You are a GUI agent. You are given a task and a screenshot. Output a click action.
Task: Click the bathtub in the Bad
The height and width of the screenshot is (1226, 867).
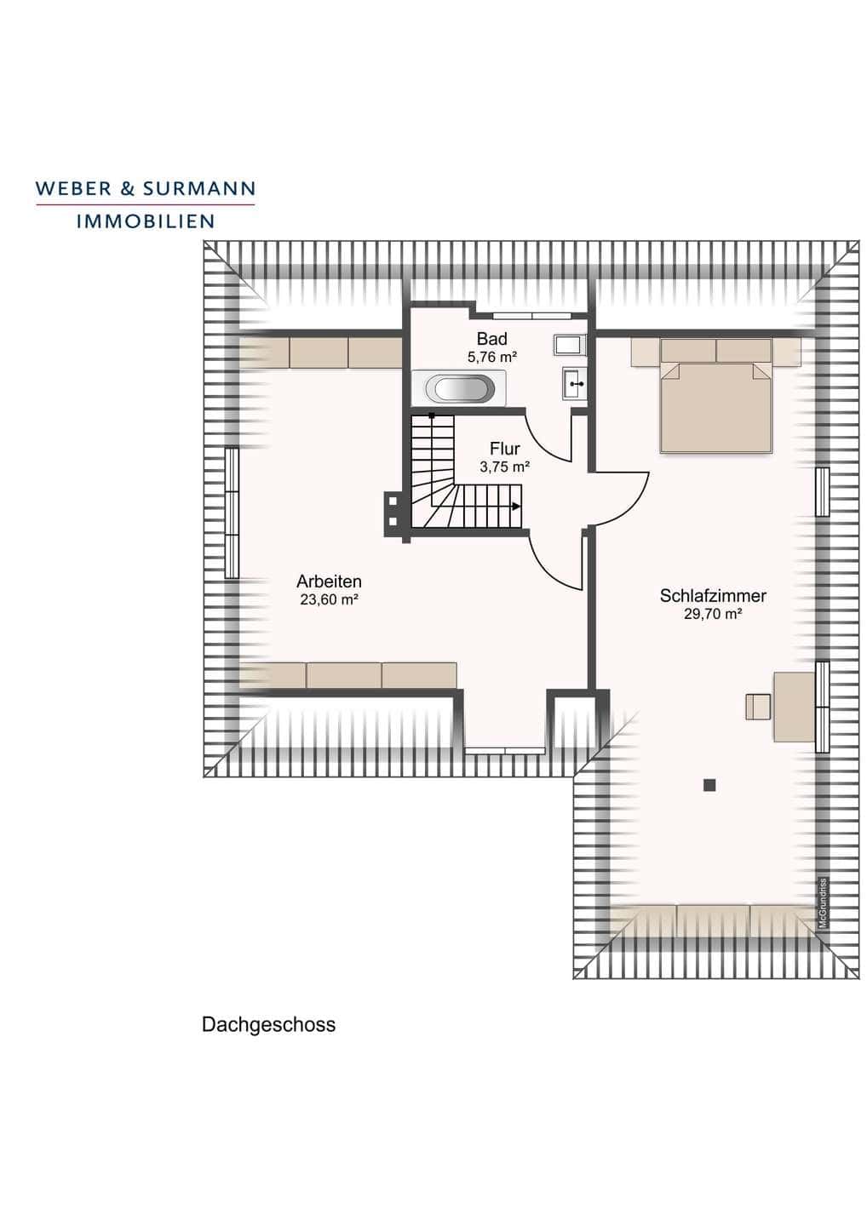point(459,388)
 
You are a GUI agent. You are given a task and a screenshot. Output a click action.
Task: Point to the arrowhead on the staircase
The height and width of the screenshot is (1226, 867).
point(515,507)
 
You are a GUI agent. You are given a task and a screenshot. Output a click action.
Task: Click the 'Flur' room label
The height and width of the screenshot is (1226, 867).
point(505,450)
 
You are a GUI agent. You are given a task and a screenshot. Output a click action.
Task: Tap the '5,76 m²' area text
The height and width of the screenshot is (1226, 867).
point(492,358)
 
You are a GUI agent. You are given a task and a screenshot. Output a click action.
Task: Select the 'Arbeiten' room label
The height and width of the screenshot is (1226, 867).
point(329,581)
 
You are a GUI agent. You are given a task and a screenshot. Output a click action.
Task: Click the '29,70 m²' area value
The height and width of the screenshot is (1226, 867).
point(713,614)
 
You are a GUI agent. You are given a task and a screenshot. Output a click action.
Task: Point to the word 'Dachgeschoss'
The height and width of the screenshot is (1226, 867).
point(269,1024)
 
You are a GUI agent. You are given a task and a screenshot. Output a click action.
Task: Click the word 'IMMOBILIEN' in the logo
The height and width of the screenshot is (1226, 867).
point(146,221)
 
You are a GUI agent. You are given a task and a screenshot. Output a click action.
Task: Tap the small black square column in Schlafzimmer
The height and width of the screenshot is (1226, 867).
point(710,785)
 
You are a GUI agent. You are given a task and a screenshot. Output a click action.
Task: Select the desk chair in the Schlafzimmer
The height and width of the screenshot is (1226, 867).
point(758,706)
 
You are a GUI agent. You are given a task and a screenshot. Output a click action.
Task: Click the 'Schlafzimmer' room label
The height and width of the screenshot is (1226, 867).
point(713,595)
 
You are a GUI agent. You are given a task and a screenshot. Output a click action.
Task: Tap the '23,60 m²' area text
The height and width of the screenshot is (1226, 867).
point(329,599)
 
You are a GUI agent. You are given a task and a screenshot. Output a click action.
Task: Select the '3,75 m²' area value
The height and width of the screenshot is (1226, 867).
point(505,467)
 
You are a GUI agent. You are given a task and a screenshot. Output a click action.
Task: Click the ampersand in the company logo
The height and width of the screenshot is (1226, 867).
point(126,189)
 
